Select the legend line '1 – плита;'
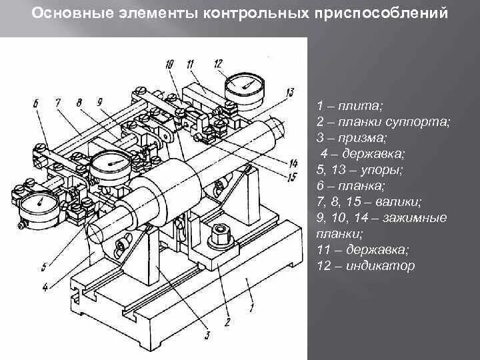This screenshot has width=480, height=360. pyautogui.click(x=350, y=106)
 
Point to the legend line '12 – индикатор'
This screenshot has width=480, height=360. pyautogui.click(x=366, y=265)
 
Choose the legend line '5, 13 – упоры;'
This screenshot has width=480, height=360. pyautogui.click(x=359, y=170)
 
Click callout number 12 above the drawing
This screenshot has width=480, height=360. pyautogui.click(x=218, y=64)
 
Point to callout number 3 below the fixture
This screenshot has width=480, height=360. pyautogui.click(x=207, y=335)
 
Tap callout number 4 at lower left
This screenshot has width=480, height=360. pyautogui.click(x=44, y=288)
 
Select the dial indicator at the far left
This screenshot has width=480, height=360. pyautogui.click(x=39, y=204)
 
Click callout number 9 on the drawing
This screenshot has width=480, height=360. pyautogui.click(x=99, y=103)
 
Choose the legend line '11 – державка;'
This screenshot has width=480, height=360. pyautogui.click(x=363, y=250)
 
